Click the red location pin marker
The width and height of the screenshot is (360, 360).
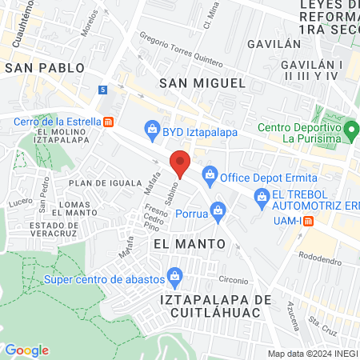[x=180, y=162]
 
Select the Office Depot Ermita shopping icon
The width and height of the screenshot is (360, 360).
[x=210, y=174]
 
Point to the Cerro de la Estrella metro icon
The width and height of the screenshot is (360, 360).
[x=109, y=122]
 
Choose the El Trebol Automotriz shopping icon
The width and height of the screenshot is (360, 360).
[x=261, y=196]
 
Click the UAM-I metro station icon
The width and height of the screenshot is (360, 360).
[x=305, y=220]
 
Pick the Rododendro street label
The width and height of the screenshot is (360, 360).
[x=325, y=259]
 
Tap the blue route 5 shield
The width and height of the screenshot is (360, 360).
[x=103, y=89]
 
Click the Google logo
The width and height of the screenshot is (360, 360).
[x=27, y=350]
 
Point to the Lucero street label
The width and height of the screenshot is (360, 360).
[x=19, y=204]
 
